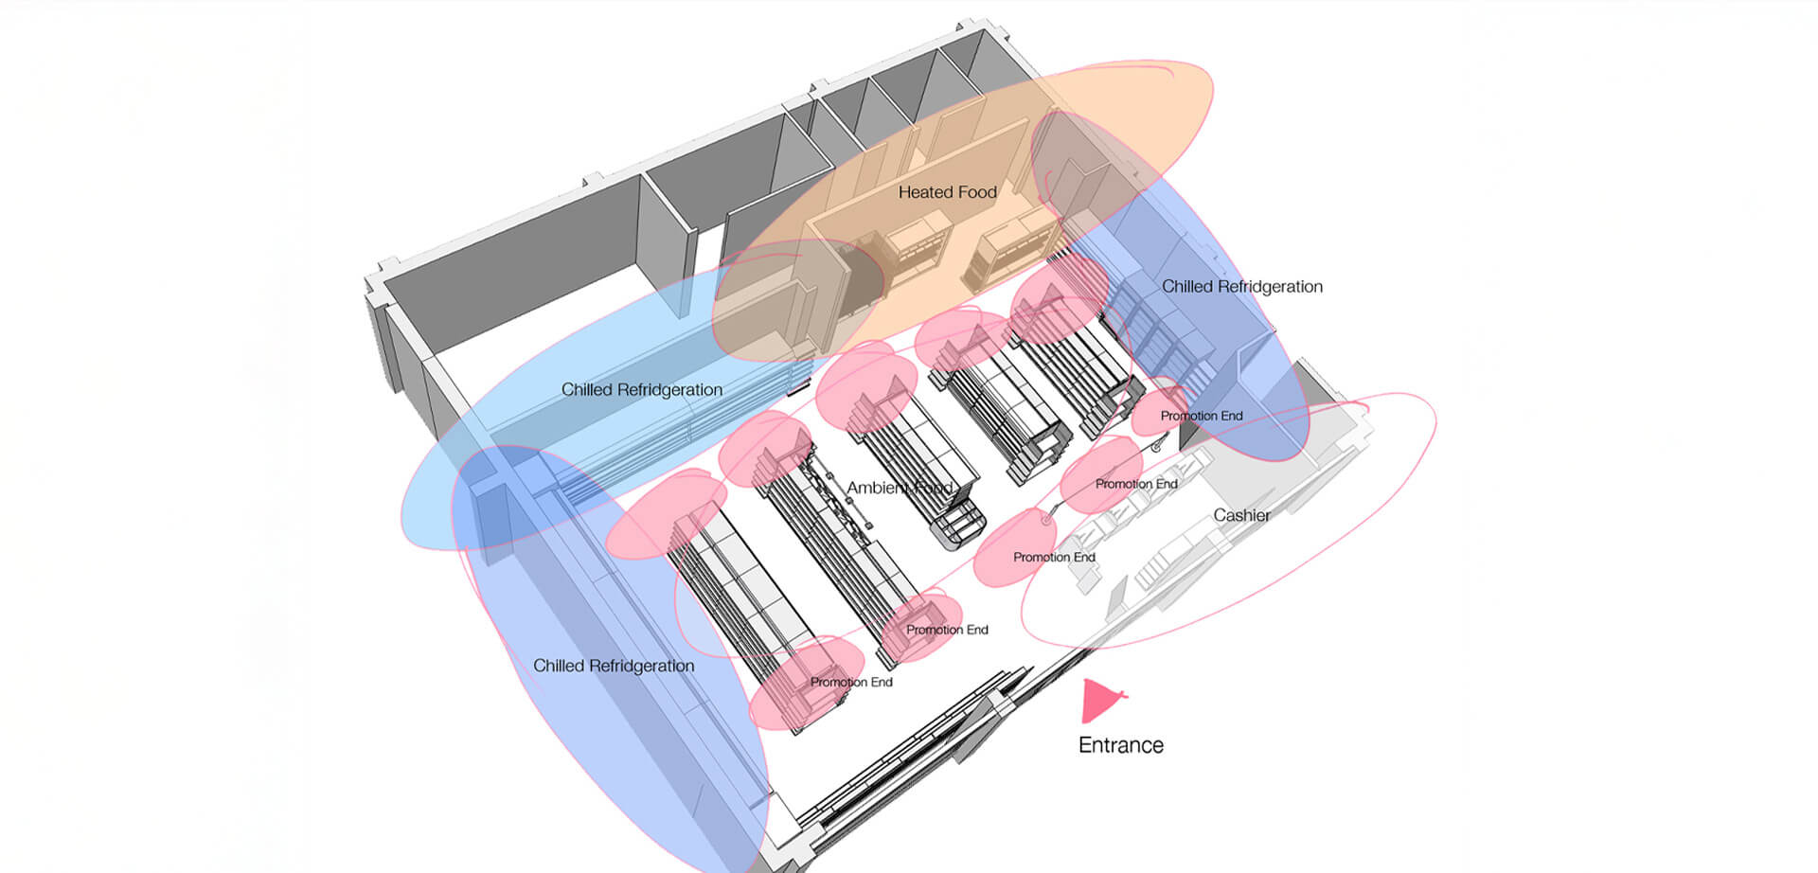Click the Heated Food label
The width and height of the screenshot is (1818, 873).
pos(947,192)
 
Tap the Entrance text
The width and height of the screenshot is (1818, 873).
pos(1120,745)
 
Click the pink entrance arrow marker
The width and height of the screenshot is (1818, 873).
pos(1099,701)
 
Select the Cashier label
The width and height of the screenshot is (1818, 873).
pos(1241,515)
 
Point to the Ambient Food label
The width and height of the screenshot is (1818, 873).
pos(899,488)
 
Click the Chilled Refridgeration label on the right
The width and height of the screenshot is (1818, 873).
pos(1241,287)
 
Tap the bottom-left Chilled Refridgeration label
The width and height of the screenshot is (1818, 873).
pos(614,666)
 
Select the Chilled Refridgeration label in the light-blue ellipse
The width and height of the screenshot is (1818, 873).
pos(641,390)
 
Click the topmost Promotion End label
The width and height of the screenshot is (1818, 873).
pos(1201,416)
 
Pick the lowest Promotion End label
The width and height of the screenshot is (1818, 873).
pos(850,682)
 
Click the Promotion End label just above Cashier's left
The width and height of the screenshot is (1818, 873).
pos(1136,484)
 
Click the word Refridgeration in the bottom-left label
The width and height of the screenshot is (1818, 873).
pos(641,666)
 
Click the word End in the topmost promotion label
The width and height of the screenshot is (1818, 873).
pos(1230,416)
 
